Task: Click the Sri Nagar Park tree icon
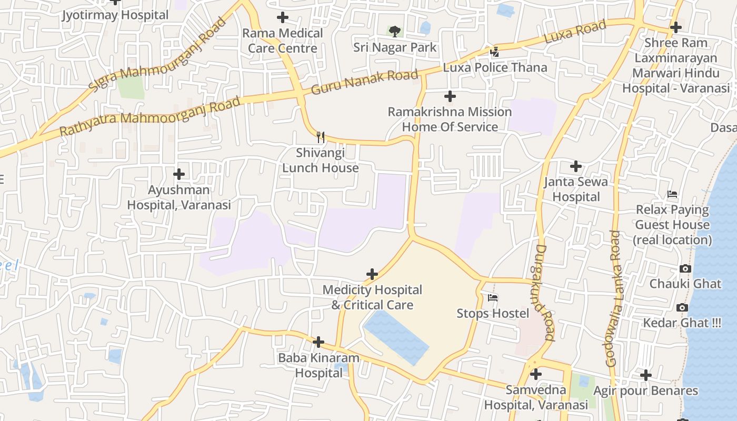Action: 394,32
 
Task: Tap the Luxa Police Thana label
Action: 495,67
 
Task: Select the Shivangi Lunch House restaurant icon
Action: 320,137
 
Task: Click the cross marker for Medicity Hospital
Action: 372,274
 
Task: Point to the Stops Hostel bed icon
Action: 493,298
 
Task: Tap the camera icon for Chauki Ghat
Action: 685,268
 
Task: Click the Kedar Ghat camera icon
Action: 682,307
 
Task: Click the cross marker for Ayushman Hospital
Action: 179,174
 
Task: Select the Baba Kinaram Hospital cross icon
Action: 318,342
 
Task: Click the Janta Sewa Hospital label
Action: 576,189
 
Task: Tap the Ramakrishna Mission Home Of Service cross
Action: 450,96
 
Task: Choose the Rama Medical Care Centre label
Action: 283,41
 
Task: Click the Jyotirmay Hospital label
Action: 115,15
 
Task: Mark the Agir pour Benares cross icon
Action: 646,375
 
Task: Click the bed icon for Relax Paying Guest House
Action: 672,194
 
